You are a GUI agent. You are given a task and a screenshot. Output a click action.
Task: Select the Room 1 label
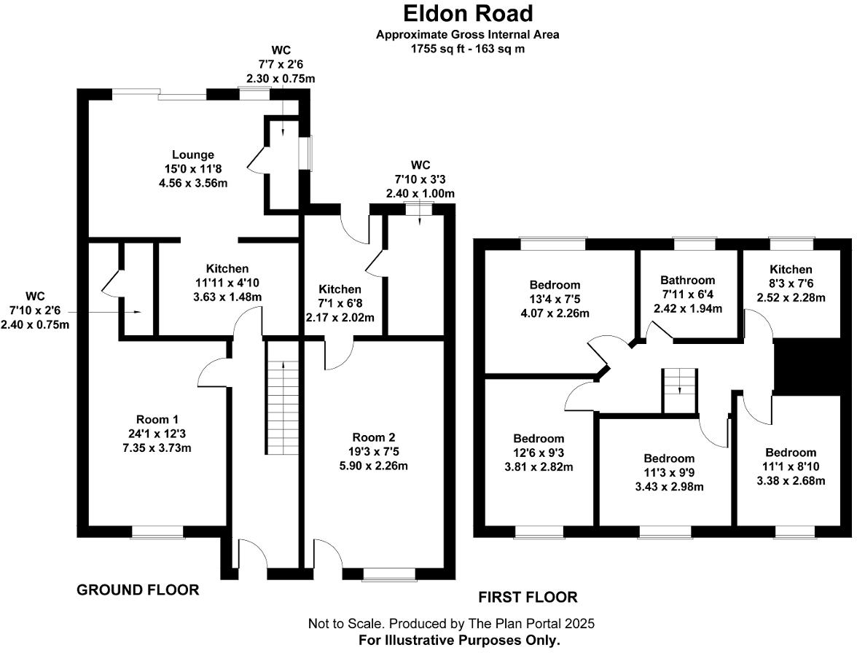click(157, 419)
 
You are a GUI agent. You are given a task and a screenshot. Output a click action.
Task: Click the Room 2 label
click(373, 437)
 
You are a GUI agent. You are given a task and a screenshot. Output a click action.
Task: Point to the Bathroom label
click(687, 280)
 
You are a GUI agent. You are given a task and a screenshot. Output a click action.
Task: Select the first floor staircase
click(679, 391)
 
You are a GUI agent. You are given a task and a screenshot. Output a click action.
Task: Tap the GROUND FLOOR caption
click(138, 590)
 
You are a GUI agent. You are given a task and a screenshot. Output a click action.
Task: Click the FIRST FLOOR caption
click(528, 598)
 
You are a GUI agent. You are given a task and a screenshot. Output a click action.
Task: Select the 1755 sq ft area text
click(467, 49)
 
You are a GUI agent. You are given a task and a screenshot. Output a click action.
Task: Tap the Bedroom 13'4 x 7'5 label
click(555, 285)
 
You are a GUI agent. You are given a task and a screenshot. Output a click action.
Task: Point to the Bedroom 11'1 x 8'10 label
click(791, 453)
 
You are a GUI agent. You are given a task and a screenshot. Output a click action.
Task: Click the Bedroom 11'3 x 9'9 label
click(669, 458)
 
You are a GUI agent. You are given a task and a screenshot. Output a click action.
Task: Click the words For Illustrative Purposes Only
click(459, 641)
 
